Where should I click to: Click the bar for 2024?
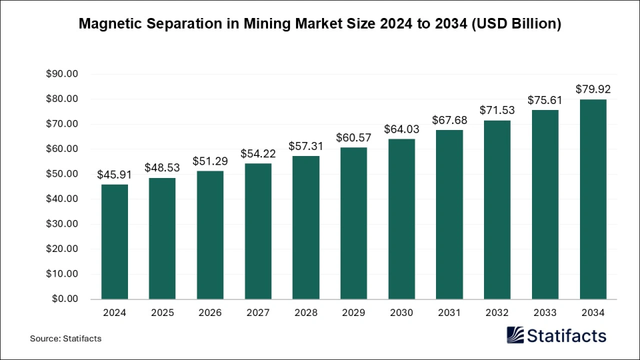pyautogui.click(x=114, y=241)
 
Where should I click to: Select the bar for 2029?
pyautogui.click(x=353, y=223)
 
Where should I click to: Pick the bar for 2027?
pyautogui.click(x=258, y=231)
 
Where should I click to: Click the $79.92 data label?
pyautogui.click(x=593, y=89)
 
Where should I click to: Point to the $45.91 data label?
pyautogui.click(x=114, y=174)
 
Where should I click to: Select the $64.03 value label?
pyautogui.click(x=401, y=129)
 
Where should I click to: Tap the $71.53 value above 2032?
pyautogui.click(x=497, y=110)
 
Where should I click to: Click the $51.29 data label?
pyautogui.click(x=210, y=161)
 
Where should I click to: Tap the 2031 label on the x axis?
pyautogui.click(x=449, y=311)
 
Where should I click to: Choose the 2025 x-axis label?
pyautogui.click(x=162, y=311)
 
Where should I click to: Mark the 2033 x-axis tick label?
pyautogui.click(x=545, y=311)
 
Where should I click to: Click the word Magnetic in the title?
pyautogui.click(x=107, y=24)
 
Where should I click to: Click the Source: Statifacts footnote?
pyautogui.click(x=65, y=339)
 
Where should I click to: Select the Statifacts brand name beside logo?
pyautogui.click(x=567, y=335)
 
